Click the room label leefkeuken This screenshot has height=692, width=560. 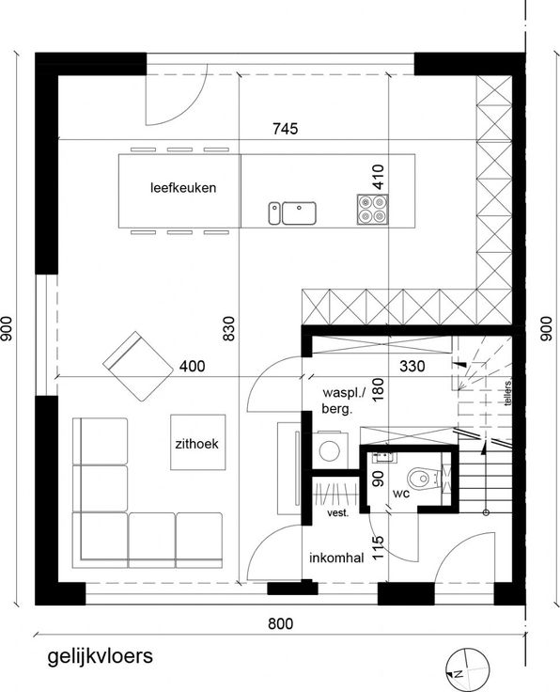[x=183, y=187]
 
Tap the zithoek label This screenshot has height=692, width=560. [x=196, y=444]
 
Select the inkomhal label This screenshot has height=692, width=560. [x=336, y=558]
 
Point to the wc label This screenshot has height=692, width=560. [x=401, y=494]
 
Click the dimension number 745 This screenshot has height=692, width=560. [x=286, y=129]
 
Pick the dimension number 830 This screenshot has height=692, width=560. [x=229, y=328]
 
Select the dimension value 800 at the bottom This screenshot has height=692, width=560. [x=280, y=623]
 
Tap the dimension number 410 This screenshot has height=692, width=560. [x=379, y=177]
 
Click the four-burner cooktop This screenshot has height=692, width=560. [x=373, y=210]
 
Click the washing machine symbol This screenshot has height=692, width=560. [x=330, y=450]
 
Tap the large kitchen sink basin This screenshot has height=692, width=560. [x=299, y=213]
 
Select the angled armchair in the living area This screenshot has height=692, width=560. [x=138, y=367]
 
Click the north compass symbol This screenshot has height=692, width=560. [x=467, y=669]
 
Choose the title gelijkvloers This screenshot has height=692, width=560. [x=101, y=656]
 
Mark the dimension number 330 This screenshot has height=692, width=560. [x=412, y=366]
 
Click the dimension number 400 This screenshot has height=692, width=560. [x=193, y=366]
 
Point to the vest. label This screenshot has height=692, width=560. [x=337, y=513]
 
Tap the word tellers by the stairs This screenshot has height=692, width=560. [x=508, y=393]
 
